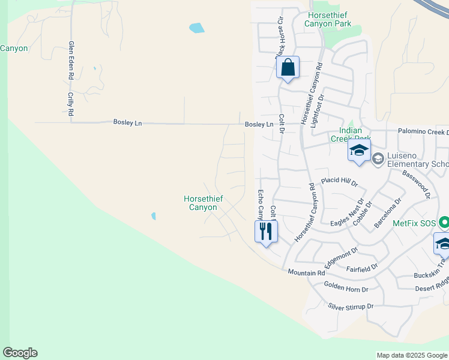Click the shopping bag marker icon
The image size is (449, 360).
(288, 68)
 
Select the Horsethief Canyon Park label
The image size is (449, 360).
(329, 19)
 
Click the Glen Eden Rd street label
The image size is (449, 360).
(71, 61)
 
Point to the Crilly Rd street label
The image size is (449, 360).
(71, 104)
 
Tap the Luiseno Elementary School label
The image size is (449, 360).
(418, 160)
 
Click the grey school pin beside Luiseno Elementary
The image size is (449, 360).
(378, 158)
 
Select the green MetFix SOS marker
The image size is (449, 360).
(444, 223)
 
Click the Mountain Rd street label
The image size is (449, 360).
(306, 273)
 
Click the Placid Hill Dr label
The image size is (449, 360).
(339, 181)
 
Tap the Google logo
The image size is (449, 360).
(20, 353)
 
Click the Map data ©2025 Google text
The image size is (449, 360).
(412, 355)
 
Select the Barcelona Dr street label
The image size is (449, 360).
(387, 212)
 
